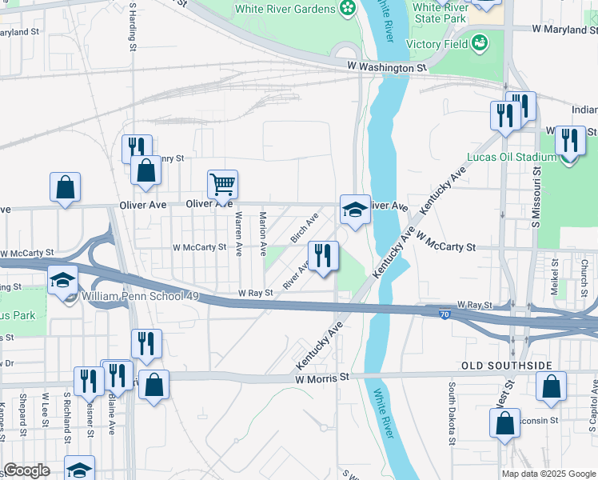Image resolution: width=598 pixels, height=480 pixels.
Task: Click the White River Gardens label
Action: tap(285, 10)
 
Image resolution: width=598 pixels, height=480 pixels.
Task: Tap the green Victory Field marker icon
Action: tap(480, 42)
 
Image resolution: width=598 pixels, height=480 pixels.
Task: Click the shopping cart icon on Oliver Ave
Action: tap(223, 184)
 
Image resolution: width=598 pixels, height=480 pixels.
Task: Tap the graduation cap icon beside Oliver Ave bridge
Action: tap(355, 210)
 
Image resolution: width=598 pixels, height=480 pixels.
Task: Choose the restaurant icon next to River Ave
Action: tap(323, 256)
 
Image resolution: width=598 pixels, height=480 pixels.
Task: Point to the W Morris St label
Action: tap(323, 377)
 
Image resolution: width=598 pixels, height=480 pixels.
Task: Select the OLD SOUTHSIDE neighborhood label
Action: tap(507, 366)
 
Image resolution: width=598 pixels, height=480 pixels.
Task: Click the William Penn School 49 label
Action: tap(128, 296)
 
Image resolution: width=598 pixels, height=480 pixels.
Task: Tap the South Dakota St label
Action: tap(452, 413)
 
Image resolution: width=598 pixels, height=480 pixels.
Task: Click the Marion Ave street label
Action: tap(263, 233)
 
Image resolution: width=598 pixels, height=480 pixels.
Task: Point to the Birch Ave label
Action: tap(305, 228)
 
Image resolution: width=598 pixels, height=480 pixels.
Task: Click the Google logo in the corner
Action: tap(26, 470)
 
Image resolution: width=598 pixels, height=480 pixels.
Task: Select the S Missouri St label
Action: tap(540, 187)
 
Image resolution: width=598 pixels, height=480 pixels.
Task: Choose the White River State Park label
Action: tap(439, 13)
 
